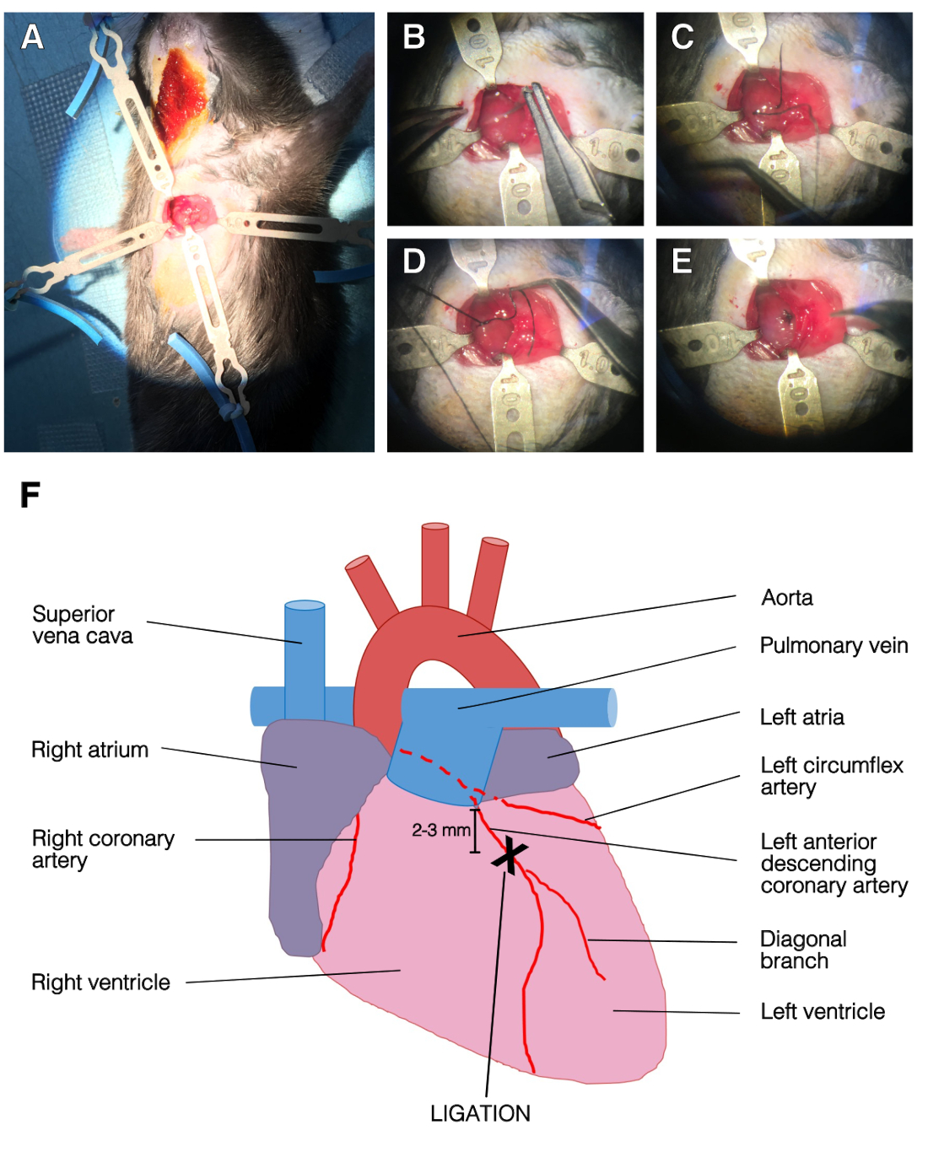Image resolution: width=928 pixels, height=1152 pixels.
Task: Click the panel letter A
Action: coord(32,37)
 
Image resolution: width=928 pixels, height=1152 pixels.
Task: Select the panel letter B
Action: coord(413,37)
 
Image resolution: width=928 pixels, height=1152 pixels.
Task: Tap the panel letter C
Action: coord(682,37)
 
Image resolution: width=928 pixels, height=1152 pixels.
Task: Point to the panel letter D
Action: coord(413,261)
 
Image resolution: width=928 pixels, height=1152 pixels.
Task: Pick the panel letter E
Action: coord(682,261)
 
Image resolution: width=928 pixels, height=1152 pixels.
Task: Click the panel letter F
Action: coord(30,495)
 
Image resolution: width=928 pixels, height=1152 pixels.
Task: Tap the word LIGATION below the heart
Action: coord(480,1113)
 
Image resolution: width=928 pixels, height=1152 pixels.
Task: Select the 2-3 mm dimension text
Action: coord(440,830)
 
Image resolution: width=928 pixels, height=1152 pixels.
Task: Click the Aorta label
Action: coord(787,598)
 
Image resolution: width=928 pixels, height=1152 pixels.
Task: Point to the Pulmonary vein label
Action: coord(834,646)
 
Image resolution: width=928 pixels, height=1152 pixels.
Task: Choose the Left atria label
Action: coord(801,718)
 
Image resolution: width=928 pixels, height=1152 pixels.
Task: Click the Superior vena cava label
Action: coord(82,625)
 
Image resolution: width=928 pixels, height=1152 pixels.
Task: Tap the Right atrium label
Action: coord(89,750)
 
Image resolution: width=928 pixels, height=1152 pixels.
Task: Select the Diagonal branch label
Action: coord(802,950)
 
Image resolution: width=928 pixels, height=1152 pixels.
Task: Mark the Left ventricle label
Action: coord(823,1012)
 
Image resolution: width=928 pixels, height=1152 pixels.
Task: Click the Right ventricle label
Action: coord(100,982)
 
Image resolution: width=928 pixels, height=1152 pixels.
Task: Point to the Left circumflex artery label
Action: coord(831,776)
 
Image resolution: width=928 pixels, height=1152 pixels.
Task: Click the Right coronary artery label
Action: coord(103,849)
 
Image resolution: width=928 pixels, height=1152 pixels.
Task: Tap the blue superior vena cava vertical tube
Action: coord(305,658)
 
